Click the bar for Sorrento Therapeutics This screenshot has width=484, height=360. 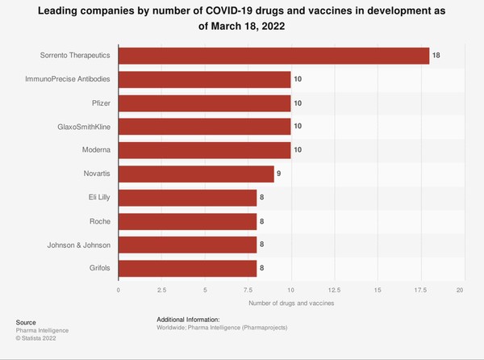click(274, 56)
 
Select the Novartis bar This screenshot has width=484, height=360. click(196, 173)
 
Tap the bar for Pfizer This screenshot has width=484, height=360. click(205, 103)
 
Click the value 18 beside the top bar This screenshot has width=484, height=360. click(437, 56)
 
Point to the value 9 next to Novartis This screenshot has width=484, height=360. click(280, 173)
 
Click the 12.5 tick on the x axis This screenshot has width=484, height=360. click(334, 289)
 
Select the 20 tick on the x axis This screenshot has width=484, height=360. click(461, 289)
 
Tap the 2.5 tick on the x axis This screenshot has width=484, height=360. click(161, 289)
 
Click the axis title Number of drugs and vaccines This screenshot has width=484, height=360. click(290, 303)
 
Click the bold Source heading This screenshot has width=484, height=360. click(26, 322)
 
